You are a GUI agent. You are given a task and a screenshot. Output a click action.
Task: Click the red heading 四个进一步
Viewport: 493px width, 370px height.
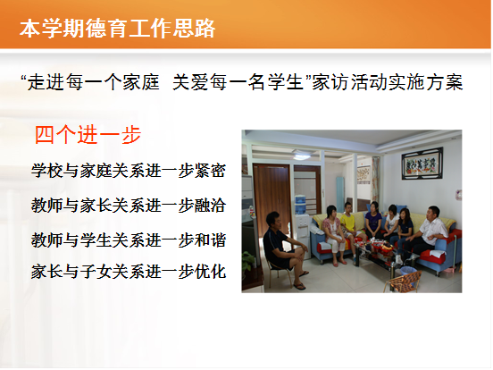(88, 135)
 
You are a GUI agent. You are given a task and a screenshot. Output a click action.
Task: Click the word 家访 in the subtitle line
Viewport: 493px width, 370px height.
(330, 82)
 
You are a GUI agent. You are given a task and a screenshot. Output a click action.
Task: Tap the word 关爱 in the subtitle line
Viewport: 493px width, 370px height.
(191, 82)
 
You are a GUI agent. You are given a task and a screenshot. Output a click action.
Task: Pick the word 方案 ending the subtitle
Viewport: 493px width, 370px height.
(445, 82)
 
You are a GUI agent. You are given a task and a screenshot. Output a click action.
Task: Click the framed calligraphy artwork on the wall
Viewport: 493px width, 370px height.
(422, 164)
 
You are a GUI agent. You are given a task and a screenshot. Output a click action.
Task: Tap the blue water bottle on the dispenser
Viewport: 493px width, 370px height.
(300, 205)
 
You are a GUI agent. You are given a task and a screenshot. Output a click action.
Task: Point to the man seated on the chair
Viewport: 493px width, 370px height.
(283, 248)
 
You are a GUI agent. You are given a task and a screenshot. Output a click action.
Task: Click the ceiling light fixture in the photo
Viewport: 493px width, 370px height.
(302, 156)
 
